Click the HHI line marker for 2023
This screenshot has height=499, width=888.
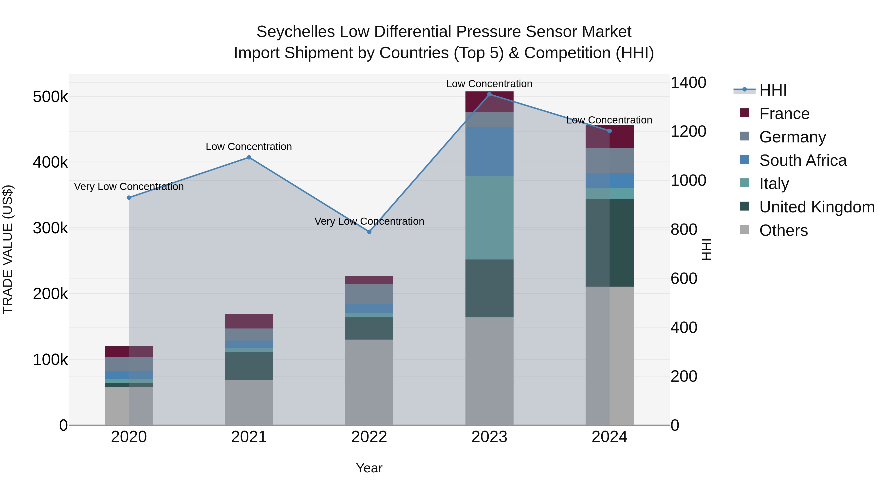pyautogui.click(x=489, y=94)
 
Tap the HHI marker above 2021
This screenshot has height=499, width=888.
pyautogui.click(x=249, y=158)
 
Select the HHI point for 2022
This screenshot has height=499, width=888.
pyautogui.click(x=369, y=232)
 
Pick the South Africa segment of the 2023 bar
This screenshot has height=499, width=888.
pyautogui.click(x=489, y=152)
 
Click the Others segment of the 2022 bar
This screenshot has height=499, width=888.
pyautogui.click(x=369, y=382)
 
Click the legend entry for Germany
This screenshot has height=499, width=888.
pyautogui.click(x=792, y=137)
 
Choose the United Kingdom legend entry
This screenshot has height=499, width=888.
pyautogui.click(x=816, y=207)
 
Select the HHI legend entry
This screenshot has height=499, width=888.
pyautogui.click(x=772, y=90)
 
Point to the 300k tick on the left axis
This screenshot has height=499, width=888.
pyautogui.click(x=50, y=228)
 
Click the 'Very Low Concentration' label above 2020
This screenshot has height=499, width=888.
pyautogui.click(x=129, y=187)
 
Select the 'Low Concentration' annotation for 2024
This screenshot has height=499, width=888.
pyautogui.click(x=609, y=120)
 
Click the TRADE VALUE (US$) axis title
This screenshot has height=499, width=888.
pyautogui.click(x=8, y=249)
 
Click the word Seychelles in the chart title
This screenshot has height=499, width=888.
pyautogui.click(x=296, y=32)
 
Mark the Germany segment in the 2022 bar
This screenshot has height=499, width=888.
pyautogui.click(x=369, y=294)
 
